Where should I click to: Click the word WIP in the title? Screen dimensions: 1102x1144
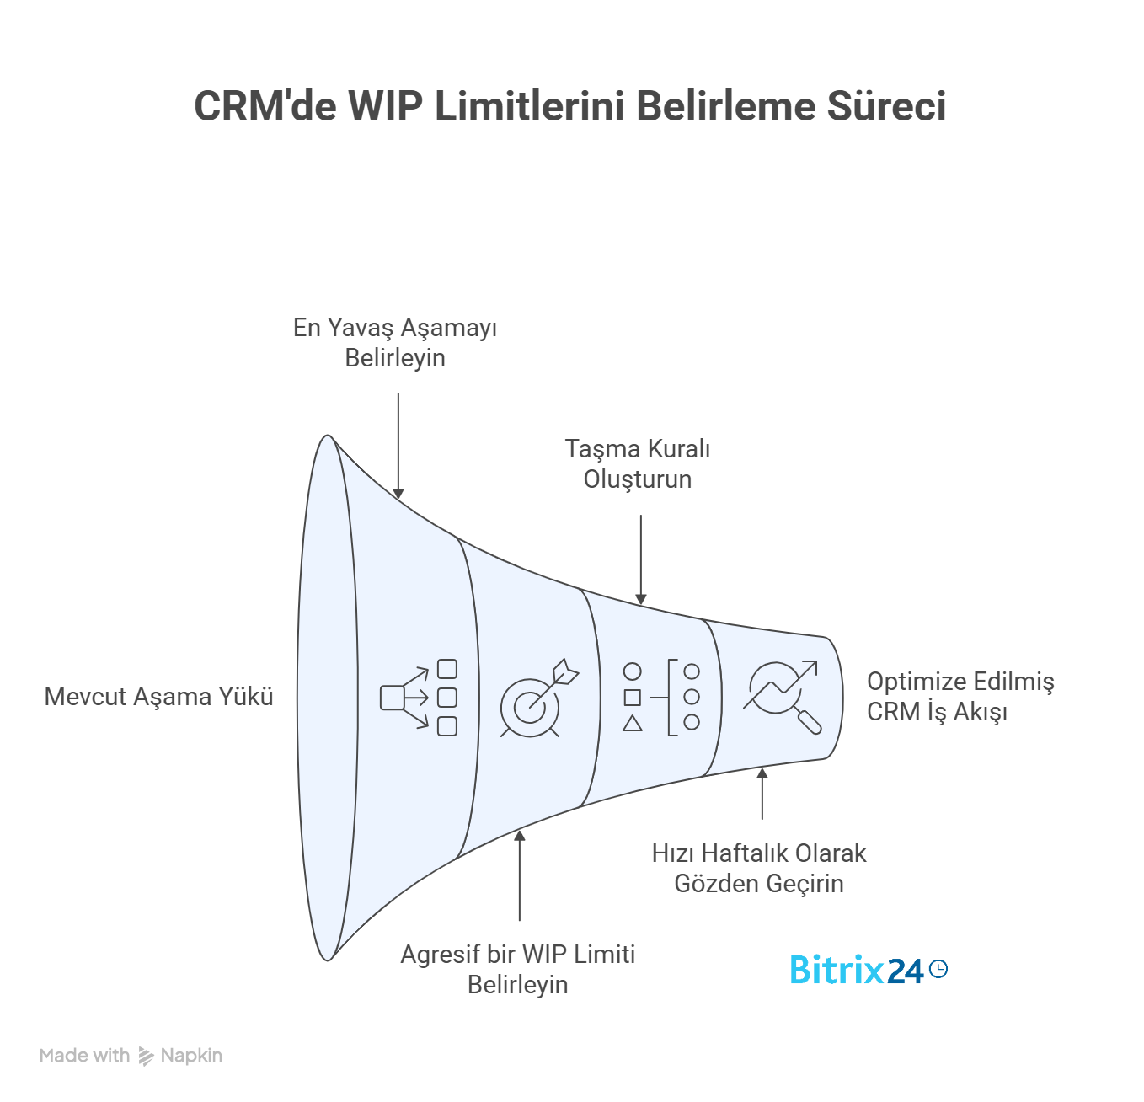(x=385, y=107)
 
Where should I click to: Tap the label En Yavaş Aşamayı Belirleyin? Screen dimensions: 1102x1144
(x=395, y=343)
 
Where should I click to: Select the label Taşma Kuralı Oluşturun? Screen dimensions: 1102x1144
(x=638, y=464)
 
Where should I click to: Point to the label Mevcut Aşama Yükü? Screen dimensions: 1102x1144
(x=158, y=697)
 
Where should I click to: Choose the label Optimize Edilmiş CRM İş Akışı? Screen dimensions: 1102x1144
(x=960, y=697)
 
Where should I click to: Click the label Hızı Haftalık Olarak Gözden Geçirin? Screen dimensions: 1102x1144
(x=759, y=869)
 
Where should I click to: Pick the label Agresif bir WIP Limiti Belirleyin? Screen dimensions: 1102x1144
(x=518, y=970)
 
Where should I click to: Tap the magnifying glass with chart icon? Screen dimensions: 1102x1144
(x=782, y=696)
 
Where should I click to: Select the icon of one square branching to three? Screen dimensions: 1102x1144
(x=419, y=698)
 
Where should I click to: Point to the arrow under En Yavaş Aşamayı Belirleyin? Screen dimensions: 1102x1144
(x=398, y=447)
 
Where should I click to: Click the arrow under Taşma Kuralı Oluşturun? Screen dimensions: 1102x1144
(x=641, y=560)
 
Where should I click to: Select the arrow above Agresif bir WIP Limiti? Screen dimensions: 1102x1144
(x=520, y=875)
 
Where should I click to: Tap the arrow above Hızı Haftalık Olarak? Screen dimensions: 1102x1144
(x=762, y=794)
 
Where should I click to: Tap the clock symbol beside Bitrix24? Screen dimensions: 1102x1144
(x=938, y=969)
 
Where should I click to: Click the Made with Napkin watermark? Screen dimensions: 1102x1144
(x=131, y=1056)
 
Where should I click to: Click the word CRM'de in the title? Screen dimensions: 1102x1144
(x=265, y=107)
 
